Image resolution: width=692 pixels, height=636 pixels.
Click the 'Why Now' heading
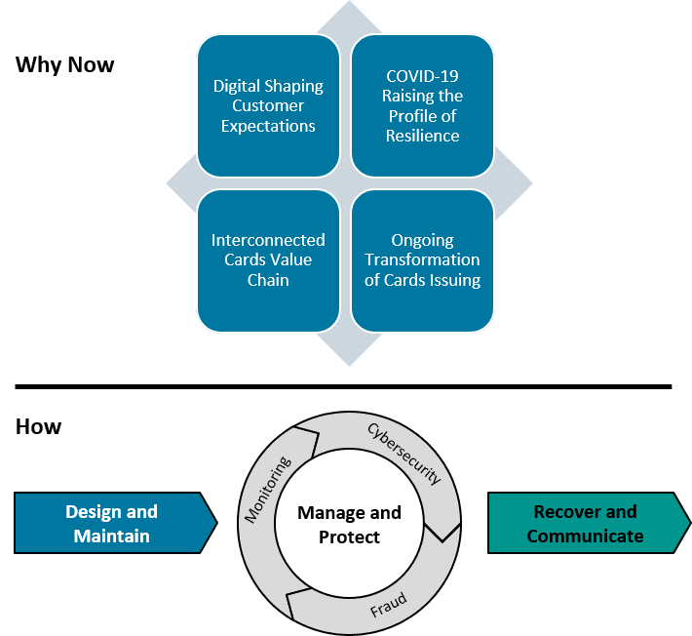click(x=65, y=65)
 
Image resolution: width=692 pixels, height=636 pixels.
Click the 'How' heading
click(x=39, y=426)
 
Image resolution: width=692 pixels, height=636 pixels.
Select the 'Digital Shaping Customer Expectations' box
click(x=268, y=105)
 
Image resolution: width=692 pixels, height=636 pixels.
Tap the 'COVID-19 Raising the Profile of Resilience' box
click(x=422, y=105)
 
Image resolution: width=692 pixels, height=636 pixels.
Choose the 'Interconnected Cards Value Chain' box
click(x=268, y=260)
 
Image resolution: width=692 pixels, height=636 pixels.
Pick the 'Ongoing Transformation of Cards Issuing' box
click(x=422, y=260)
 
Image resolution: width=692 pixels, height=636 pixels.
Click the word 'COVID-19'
click(x=422, y=76)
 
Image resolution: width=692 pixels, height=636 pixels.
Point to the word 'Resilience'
click(x=422, y=136)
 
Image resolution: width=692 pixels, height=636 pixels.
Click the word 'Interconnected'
click(x=268, y=240)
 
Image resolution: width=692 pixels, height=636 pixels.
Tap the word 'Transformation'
click(x=422, y=260)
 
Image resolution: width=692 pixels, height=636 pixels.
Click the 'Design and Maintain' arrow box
click(x=112, y=524)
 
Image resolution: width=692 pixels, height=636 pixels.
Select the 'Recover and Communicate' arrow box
click(x=585, y=524)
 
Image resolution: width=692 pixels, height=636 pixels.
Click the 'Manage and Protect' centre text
click(x=349, y=525)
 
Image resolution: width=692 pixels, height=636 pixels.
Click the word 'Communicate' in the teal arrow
click(x=585, y=536)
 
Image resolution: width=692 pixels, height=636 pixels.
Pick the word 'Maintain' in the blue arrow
click(x=112, y=536)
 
